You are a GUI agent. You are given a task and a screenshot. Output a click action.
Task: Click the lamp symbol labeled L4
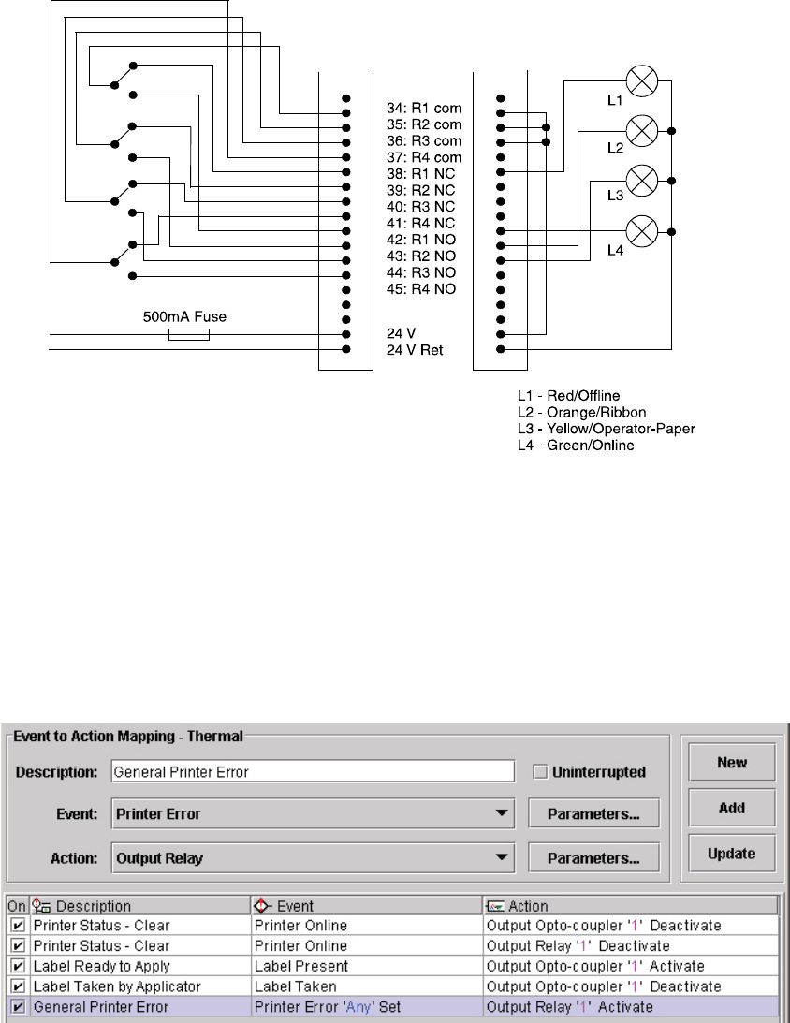click(642, 228)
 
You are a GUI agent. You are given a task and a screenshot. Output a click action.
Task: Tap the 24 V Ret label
click(418, 350)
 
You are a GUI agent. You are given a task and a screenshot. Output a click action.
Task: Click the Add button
click(732, 807)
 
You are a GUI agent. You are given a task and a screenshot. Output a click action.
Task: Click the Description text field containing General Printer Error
click(313, 772)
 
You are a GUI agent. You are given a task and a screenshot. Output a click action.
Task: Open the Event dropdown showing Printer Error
click(313, 814)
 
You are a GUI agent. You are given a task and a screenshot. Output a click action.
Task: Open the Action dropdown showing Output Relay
click(313, 856)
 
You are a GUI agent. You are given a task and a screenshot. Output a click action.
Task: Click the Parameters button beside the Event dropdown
click(593, 814)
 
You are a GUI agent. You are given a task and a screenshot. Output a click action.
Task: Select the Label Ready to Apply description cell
click(139, 965)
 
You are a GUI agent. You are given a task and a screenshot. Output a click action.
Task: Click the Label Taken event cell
click(366, 986)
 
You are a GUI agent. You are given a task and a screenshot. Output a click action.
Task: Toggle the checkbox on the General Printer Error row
click(18, 1007)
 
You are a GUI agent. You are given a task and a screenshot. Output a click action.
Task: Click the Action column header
click(630, 905)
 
